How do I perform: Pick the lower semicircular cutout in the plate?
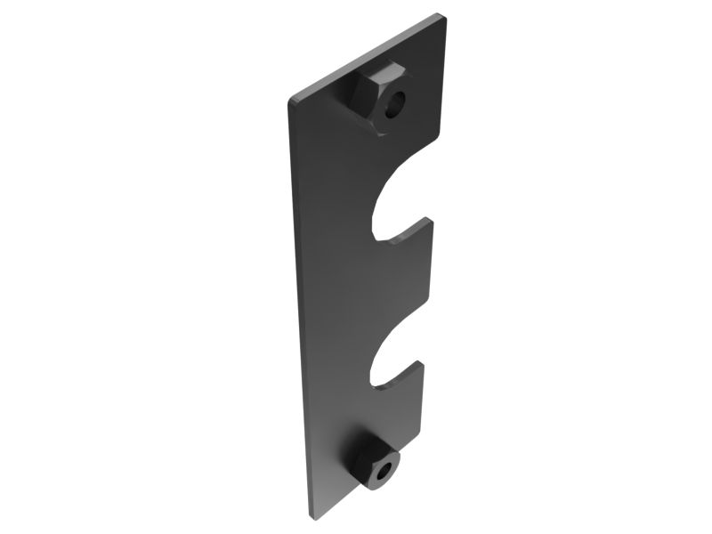(395, 361)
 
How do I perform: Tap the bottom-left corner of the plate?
(311, 515)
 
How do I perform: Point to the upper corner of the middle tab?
(431, 219)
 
